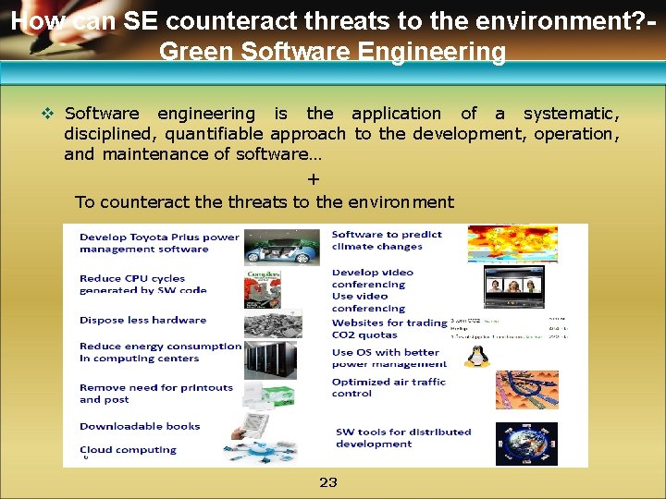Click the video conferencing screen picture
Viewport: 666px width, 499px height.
point(513,287)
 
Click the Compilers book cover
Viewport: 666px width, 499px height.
point(263,286)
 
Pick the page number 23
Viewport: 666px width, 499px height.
point(328,481)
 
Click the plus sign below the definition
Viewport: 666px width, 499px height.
point(314,178)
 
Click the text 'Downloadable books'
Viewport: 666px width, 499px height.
point(140,426)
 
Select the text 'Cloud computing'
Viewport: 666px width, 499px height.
point(128,450)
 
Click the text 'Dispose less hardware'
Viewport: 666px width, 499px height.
point(142,320)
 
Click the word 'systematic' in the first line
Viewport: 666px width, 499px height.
point(570,114)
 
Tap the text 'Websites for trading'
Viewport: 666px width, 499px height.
point(389,323)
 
